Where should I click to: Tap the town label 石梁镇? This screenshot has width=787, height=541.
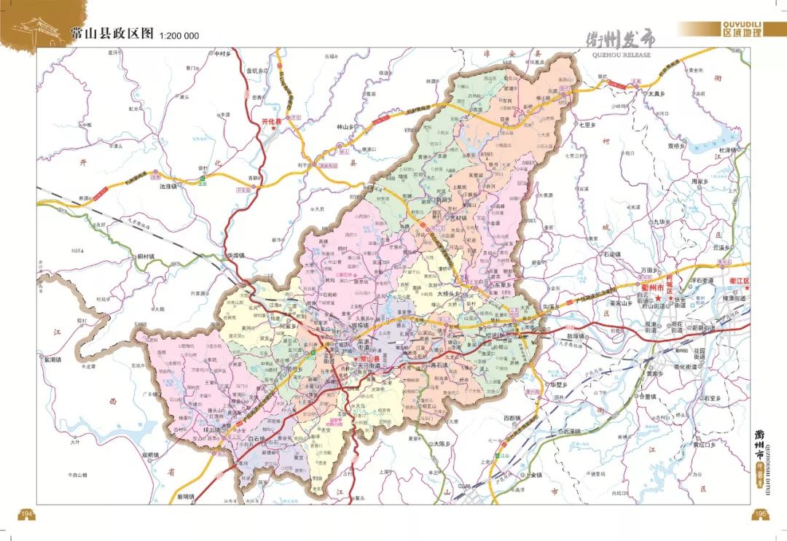click(x=611, y=254)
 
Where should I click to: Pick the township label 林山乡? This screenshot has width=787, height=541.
click(x=344, y=127)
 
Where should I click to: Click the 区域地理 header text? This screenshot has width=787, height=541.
click(x=743, y=32)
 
